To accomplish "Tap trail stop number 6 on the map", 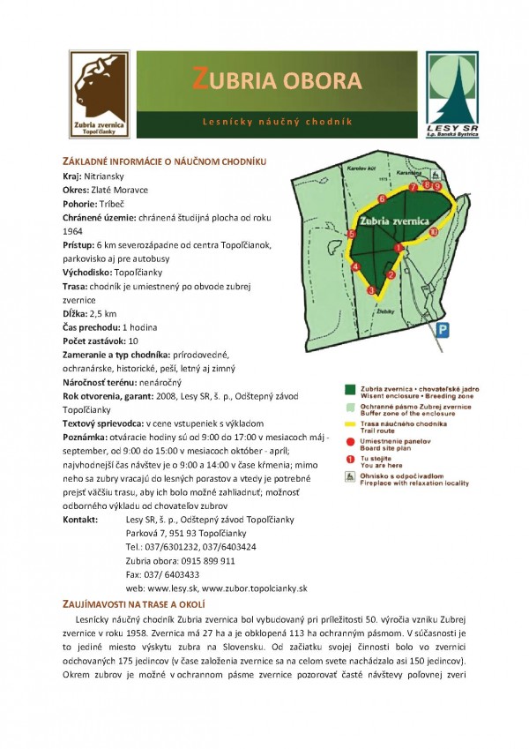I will pyautogui.click(x=381, y=198).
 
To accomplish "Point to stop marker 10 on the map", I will pyautogui.click(x=433, y=231).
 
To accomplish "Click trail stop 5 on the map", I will pyautogui.click(x=352, y=234).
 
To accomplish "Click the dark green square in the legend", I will pyautogui.click(x=350, y=388).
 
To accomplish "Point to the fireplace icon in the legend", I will pyautogui.click(x=350, y=476).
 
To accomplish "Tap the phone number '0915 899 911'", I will pyautogui.click(x=205, y=560).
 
